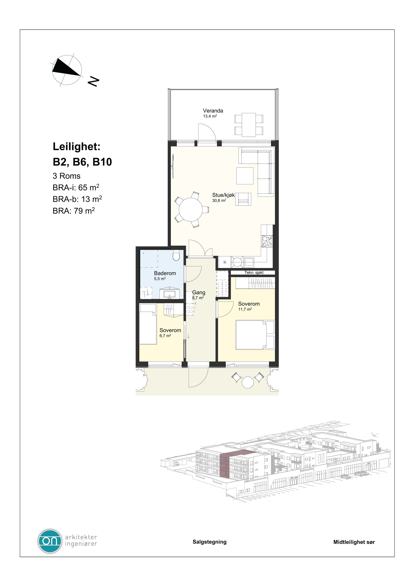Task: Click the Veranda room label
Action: point(213,111)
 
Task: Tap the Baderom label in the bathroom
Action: point(165,273)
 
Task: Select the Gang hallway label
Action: point(199,292)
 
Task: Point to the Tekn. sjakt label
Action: point(254,273)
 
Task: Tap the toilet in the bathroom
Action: point(176,256)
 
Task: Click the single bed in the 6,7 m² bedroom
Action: point(148,324)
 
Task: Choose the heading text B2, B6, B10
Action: point(82,162)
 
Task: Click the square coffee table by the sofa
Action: point(245,176)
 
